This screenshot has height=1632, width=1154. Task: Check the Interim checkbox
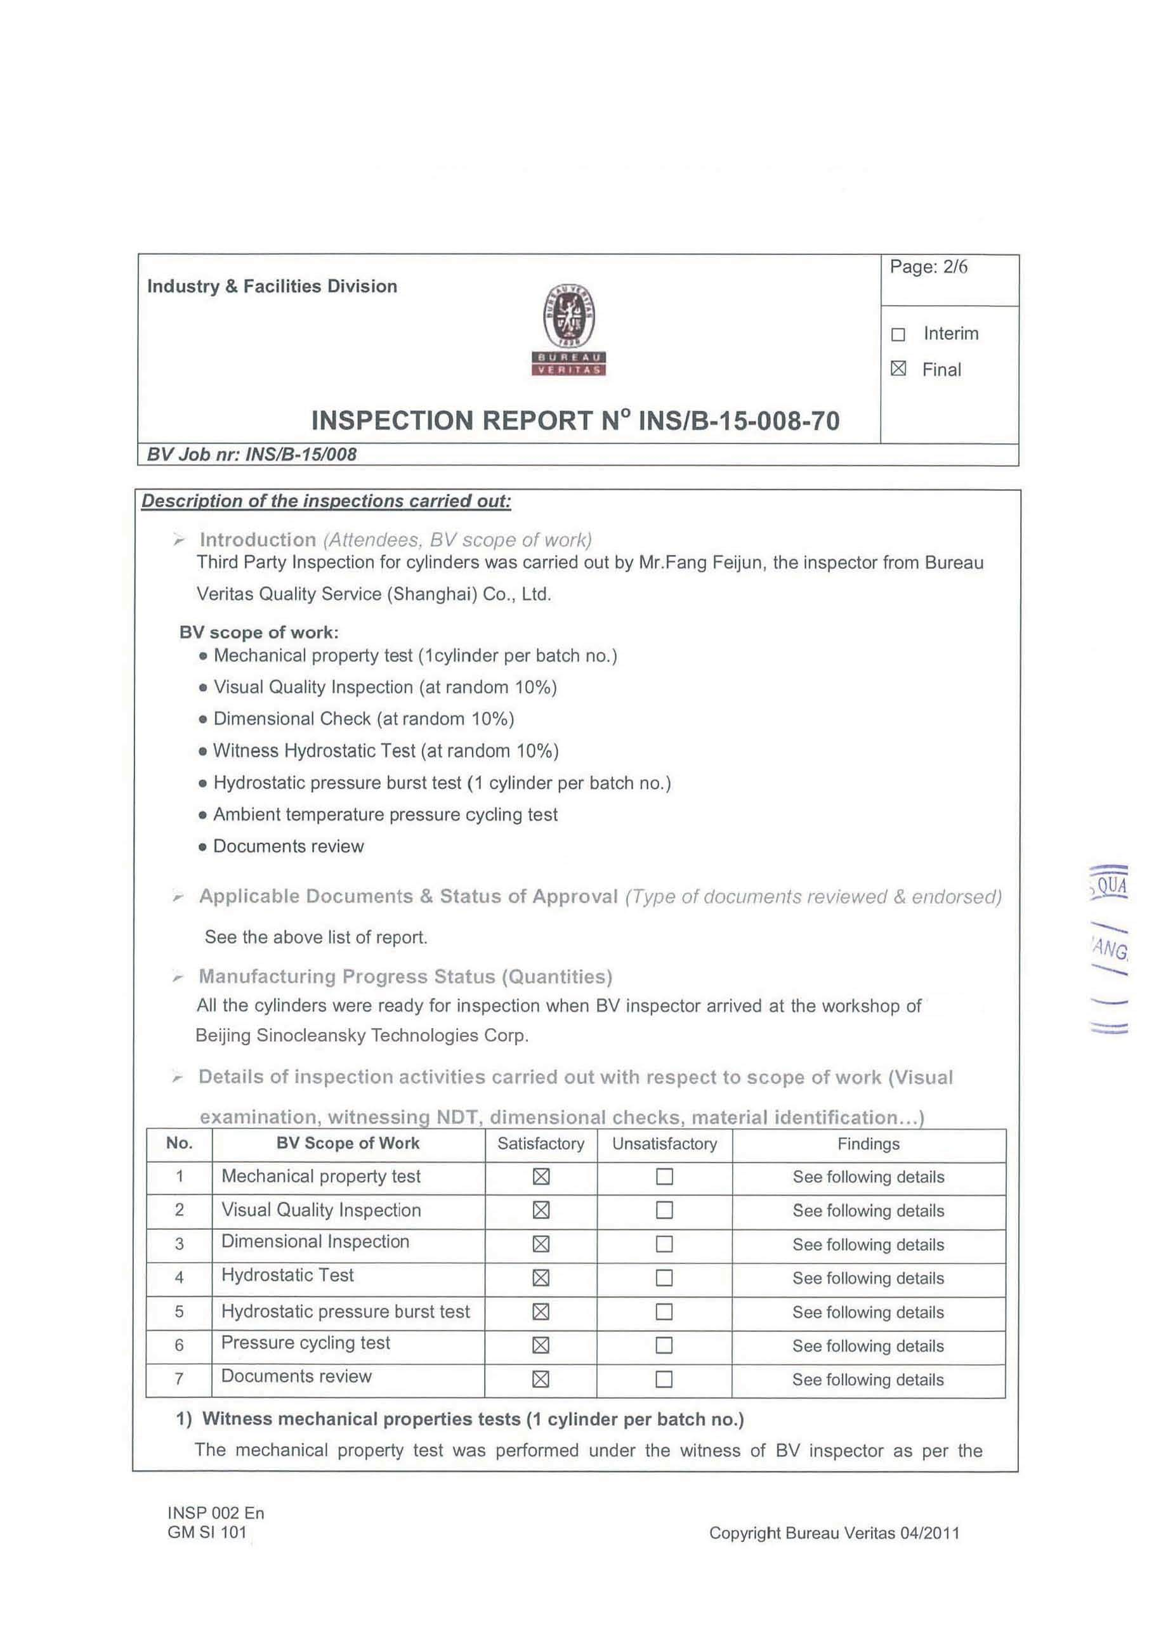pyautogui.click(x=898, y=334)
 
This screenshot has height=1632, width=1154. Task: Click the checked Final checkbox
pyautogui.click(x=898, y=369)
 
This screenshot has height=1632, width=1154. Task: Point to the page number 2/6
pyautogui.click(x=955, y=266)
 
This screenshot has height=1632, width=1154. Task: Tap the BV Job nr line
pyautogui.click(x=252, y=455)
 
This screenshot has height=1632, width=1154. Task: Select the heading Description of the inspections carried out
pyautogui.click(x=326, y=501)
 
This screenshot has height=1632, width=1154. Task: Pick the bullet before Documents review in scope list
pyautogui.click(x=202, y=847)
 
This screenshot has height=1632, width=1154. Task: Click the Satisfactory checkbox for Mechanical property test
pyautogui.click(x=541, y=1177)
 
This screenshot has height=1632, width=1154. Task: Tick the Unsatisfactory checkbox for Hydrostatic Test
pyautogui.click(x=664, y=1278)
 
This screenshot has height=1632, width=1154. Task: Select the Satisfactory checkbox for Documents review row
pyautogui.click(x=541, y=1380)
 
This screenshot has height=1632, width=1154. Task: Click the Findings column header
pyautogui.click(x=868, y=1144)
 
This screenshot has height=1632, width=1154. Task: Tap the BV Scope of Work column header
pyautogui.click(x=348, y=1143)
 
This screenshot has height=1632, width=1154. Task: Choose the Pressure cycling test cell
pyautogui.click(x=306, y=1343)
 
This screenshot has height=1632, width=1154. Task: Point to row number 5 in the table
pyautogui.click(x=179, y=1312)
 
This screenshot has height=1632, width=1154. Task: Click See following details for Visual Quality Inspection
pyautogui.click(x=868, y=1210)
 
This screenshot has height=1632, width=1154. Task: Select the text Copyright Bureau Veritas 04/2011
pyautogui.click(x=834, y=1533)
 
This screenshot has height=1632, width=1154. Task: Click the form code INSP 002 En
pyautogui.click(x=216, y=1513)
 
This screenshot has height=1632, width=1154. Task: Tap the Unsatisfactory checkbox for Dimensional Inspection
pyautogui.click(x=664, y=1244)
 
